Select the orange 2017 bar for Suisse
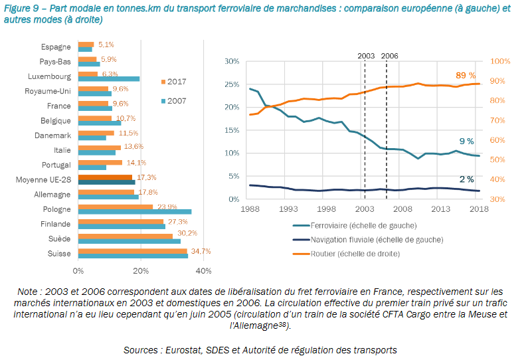(x=132, y=250)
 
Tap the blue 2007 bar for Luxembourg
(x=109, y=79)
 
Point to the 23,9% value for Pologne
(x=166, y=207)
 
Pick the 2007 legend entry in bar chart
(x=173, y=100)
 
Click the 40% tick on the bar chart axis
(x=203, y=270)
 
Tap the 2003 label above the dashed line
(x=366, y=56)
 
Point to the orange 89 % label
(x=466, y=75)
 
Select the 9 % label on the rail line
(x=466, y=141)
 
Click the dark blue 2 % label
(x=466, y=179)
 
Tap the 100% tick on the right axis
(x=500, y=61)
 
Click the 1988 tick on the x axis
(x=250, y=209)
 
